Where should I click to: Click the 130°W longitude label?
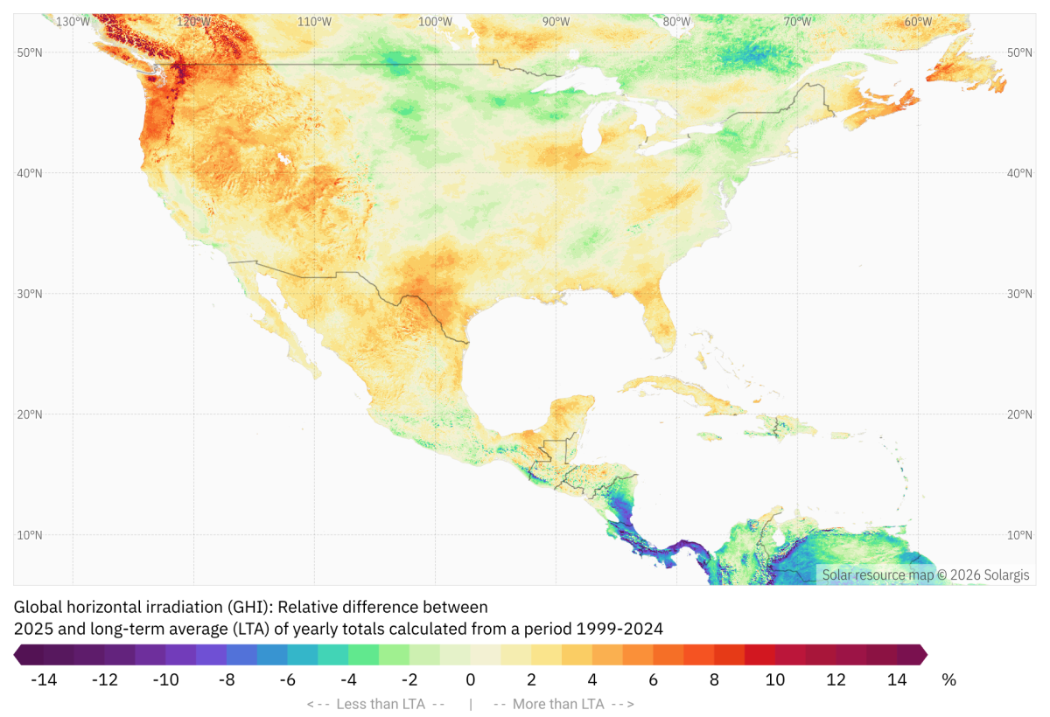coord(73,22)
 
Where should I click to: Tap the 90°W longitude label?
coord(556,22)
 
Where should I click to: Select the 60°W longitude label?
coord(918,22)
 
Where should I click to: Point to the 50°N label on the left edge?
coord(30,52)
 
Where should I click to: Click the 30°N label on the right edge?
coord(1019,294)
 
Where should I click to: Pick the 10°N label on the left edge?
coord(30,535)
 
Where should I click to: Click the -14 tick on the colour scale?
coord(44,680)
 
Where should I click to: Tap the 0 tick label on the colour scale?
coord(471,680)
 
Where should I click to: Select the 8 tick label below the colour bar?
coord(714,680)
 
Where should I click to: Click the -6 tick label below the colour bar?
coord(288,680)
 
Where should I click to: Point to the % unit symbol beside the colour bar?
coord(948,680)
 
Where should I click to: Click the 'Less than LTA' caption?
coord(376,704)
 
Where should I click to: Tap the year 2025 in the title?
coord(31,628)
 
